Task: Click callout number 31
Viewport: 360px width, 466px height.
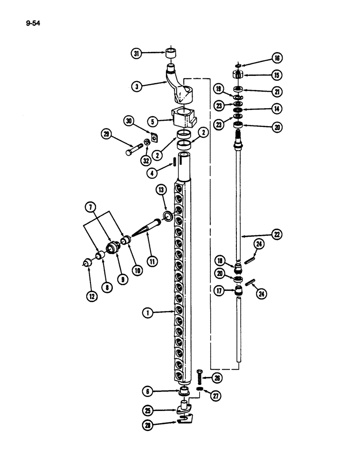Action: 137,54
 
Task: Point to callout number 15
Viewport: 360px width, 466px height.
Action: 277,75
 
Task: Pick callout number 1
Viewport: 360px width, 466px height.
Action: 148,314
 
